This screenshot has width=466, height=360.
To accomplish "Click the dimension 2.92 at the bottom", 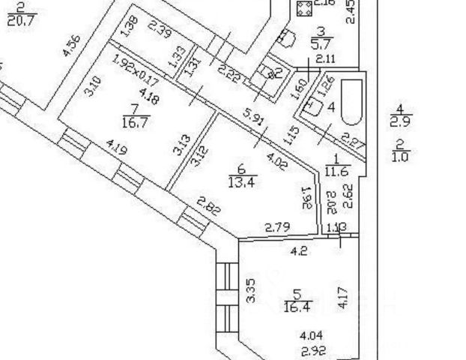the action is click(x=312, y=350).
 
